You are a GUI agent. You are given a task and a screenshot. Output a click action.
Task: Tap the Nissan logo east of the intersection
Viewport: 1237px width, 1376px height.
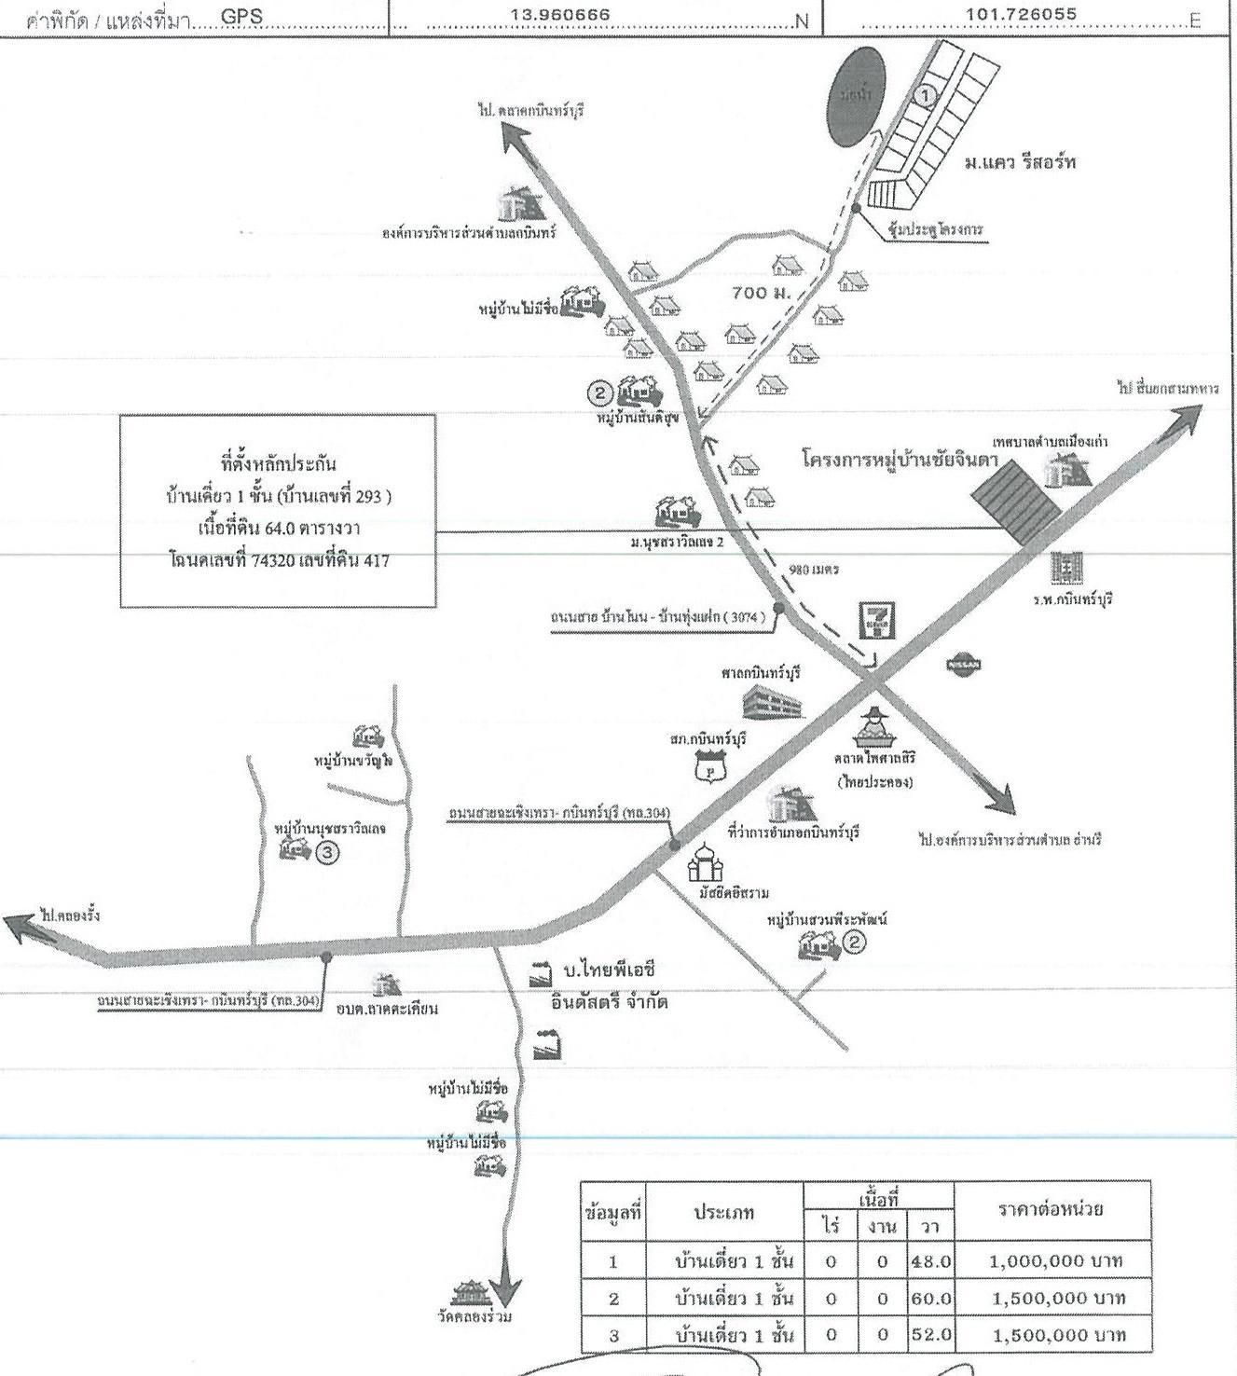[x=962, y=665]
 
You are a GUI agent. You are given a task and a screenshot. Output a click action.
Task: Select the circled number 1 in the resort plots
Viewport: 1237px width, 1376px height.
[x=924, y=95]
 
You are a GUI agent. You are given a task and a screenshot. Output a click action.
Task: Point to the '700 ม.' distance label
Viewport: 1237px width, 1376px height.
[x=761, y=292]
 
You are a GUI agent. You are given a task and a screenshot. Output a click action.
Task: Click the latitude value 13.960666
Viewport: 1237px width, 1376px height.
[x=560, y=15]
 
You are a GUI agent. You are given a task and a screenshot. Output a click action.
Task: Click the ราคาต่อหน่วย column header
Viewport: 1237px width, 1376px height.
[x=1051, y=1210]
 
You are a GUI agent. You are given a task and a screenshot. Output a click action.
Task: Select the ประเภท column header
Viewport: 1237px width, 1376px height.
[x=723, y=1212]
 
